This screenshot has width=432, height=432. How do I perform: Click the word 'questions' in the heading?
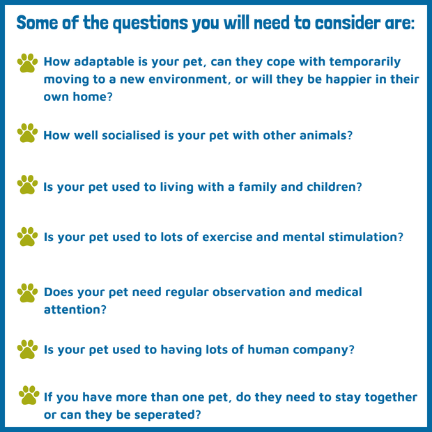click(151, 24)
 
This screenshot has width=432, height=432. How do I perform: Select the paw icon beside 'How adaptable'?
click(27, 63)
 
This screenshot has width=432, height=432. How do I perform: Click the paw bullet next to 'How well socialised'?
click(27, 133)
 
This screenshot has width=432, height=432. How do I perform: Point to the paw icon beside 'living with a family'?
click(27, 185)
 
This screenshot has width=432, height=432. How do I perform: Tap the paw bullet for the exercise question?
click(27, 236)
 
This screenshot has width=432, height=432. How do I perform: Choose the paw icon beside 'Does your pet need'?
click(27, 293)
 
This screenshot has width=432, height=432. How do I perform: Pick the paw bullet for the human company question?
click(27, 349)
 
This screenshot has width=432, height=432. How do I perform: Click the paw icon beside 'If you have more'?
click(29, 395)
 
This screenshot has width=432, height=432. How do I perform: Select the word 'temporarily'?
click(365, 62)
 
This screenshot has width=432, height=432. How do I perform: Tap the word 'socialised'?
click(131, 135)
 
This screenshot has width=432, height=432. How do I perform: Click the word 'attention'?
click(75, 309)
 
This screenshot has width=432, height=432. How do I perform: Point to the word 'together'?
click(391, 398)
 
